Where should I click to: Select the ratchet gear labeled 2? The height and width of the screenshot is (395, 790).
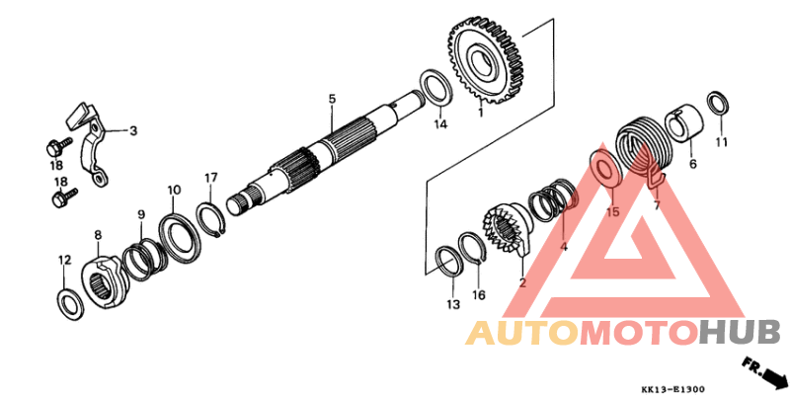[x=508, y=228]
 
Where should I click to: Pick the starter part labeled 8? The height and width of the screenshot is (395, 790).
[x=101, y=281]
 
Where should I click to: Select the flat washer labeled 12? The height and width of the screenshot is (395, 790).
[x=69, y=305]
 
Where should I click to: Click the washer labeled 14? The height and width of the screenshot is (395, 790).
[x=435, y=88]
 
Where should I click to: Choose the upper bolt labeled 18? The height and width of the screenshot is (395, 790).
[x=56, y=148]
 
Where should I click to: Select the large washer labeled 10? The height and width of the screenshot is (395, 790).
[x=181, y=239]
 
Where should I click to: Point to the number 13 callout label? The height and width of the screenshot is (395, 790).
[x=453, y=304]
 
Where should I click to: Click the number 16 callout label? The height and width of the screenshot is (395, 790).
[x=478, y=295]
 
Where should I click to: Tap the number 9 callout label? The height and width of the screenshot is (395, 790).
[x=141, y=214]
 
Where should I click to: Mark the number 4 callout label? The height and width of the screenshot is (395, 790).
[x=564, y=248]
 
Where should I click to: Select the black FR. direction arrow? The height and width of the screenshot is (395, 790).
[x=765, y=372]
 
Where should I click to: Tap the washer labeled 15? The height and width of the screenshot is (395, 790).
[x=606, y=167]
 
